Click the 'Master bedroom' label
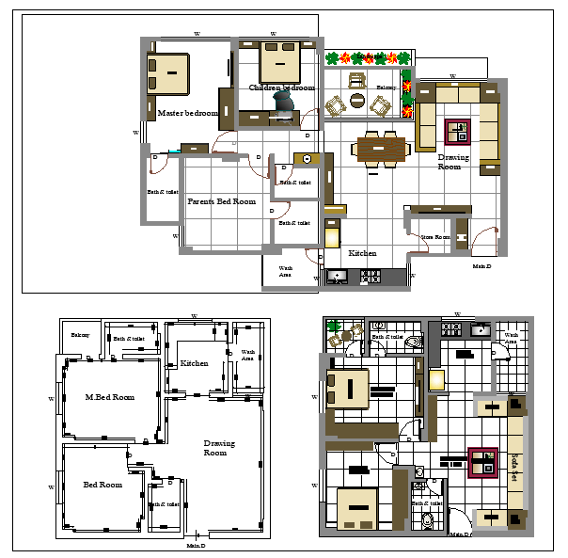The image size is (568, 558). pyautogui.click(x=187, y=113)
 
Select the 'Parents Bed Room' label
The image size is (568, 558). pyautogui.click(x=221, y=201)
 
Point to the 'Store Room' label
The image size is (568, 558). pyautogui.click(x=434, y=237)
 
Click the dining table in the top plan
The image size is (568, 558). pyautogui.click(x=381, y=149)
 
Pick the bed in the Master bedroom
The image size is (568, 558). pyautogui.click(x=169, y=73)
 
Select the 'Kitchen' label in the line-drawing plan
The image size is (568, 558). pyautogui.click(x=195, y=363)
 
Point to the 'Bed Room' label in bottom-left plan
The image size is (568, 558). pyautogui.click(x=103, y=485)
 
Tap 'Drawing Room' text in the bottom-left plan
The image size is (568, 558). pyautogui.click(x=219, y=448)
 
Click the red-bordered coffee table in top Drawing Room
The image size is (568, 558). pyautogui.click(x=456, y=128)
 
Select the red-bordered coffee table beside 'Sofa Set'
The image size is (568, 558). pyautogui.click(x=483, y=461)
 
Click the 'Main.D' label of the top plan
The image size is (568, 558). pyautogui.click(x=481, y=266)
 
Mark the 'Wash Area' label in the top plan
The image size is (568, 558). pyautogui.click(x=285, y=272)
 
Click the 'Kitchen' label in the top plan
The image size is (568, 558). pyautogui.click(x=363, y=254)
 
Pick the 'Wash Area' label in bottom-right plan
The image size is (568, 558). pyautogui.click(x=511, y=338)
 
